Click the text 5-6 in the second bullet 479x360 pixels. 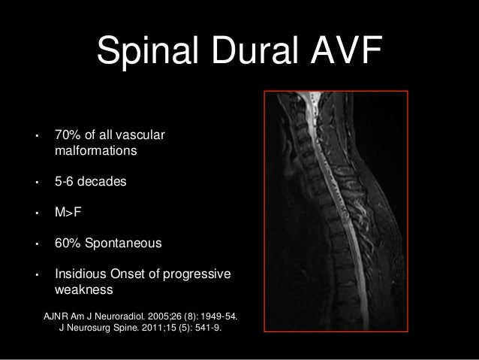pos(65,182)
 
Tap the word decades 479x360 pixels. pos(102,182)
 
